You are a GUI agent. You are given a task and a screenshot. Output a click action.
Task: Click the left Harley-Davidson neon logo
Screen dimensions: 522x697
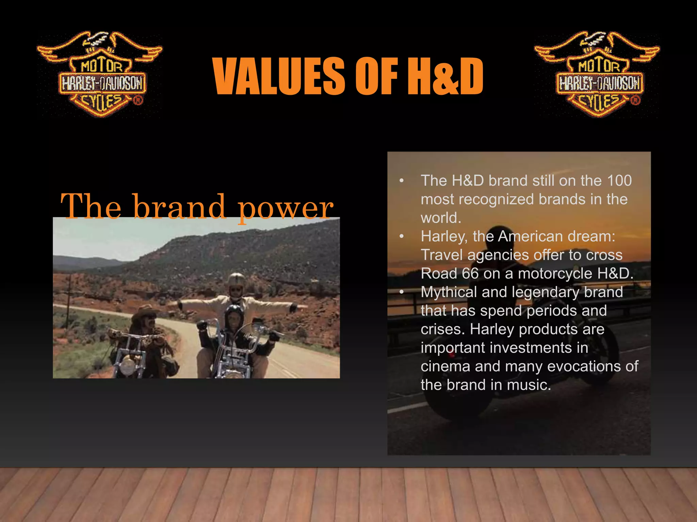[100, 75]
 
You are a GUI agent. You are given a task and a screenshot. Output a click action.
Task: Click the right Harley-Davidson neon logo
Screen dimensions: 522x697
[597, 75]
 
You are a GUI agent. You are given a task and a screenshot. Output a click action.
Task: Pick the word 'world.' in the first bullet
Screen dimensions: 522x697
[441, 218]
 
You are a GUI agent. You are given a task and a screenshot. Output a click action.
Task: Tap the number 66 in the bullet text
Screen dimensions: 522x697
[470, 274]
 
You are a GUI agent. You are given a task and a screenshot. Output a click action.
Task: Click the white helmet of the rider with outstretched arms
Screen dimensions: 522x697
[237, 279]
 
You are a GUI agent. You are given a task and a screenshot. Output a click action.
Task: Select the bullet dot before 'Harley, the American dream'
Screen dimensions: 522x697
[402, 236]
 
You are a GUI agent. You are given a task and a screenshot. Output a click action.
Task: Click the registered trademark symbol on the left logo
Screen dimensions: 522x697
[137, 100]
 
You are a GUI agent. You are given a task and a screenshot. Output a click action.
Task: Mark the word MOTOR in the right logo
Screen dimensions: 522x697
[599, 66]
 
